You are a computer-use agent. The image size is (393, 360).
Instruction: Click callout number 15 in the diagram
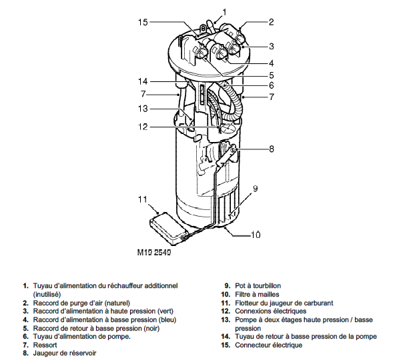[143, 22]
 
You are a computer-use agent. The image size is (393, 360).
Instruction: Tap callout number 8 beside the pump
[272, 149]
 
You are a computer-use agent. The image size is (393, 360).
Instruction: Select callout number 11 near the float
[143, 199]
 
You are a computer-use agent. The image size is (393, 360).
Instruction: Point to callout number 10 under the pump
[256, 235]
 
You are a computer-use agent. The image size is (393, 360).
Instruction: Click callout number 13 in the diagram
[143, 109]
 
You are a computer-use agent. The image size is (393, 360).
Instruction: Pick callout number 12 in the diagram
[143, 127]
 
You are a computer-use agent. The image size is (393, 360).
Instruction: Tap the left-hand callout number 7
[143, 94]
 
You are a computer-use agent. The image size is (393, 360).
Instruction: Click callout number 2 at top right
[271, 22]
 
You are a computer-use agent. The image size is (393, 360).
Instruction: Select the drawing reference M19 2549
[154, 253]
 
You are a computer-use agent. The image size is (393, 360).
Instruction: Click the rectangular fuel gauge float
[168, 228]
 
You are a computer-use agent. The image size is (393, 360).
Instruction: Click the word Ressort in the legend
[45, 345]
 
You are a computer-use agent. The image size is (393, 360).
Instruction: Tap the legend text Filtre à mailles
[257, 294]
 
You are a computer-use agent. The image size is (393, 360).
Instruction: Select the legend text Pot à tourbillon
[258, 285]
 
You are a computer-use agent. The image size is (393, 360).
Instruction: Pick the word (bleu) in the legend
[167, 320]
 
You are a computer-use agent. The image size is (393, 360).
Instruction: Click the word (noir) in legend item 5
[151, 328]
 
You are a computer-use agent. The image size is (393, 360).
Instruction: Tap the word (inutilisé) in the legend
[47, 294]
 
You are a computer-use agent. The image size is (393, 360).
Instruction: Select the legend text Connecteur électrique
[269, 345]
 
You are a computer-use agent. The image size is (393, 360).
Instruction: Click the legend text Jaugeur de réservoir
[65, 353]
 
